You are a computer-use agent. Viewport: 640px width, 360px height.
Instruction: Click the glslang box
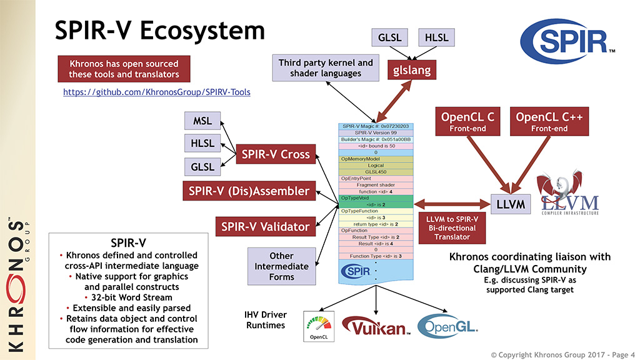click(x=412, y=69)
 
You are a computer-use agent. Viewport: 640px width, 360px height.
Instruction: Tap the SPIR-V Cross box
click(x=275, y=154)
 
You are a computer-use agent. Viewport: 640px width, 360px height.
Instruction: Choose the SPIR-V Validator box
click(x=265, y=227)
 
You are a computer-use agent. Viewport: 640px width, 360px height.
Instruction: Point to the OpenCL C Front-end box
click(x=467, y=121)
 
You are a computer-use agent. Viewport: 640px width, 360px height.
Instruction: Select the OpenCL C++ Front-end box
click(x=550, y=121)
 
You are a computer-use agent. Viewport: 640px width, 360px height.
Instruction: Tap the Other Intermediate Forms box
click(x=281, y=266)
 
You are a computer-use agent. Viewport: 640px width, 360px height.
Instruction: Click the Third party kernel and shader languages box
click(x=326, y=68)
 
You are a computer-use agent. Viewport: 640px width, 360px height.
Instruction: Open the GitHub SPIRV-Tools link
click(x=157, y=92)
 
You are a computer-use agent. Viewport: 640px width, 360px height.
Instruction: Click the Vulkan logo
click(x=375, y=326)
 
